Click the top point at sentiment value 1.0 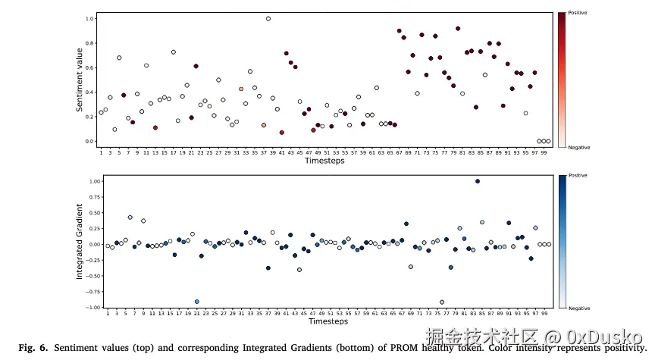coord(268,18)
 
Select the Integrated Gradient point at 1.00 coord(478,181)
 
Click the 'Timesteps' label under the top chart coord(324,161)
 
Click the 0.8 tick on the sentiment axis coord(90,43)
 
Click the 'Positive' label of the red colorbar coord(578,13)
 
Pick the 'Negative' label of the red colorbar coord(578,149)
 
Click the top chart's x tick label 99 coord(544,152)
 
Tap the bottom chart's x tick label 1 coord(108,312)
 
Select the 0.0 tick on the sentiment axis coord(90,142)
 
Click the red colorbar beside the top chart coord(562,80)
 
